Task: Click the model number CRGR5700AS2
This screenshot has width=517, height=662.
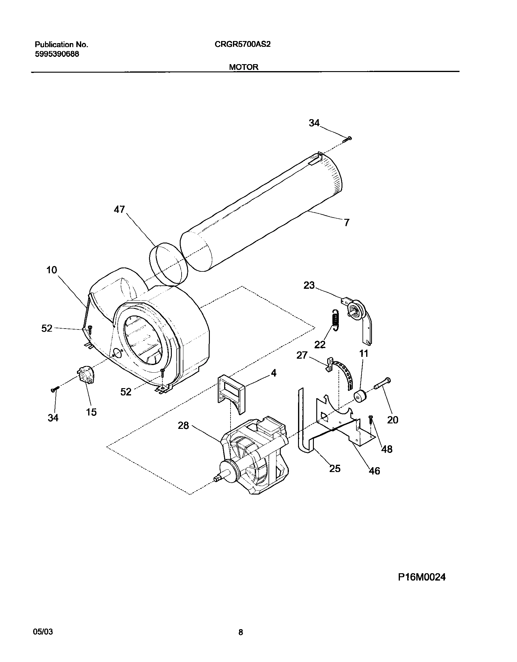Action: coord(242,45)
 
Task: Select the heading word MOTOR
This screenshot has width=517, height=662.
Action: coord(244,67)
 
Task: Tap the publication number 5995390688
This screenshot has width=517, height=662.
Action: coord(57,54)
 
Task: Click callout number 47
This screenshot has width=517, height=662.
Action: coord(120,209)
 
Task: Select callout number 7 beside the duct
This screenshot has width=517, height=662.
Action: coord(346,223)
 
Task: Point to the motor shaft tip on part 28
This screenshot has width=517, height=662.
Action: coord(217,479)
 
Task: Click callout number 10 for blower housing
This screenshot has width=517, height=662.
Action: coord(52,270)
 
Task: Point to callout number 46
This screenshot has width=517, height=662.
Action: coord(374,471)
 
